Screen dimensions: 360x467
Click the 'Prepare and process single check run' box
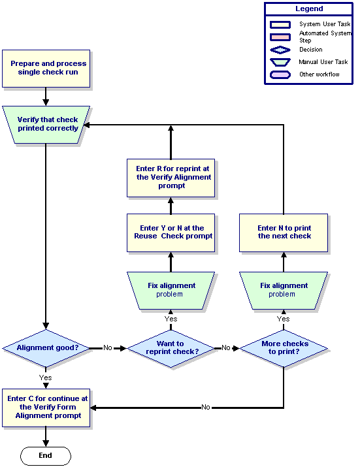tap(46, 69)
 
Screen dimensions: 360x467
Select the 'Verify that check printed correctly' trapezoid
tap(46, 125)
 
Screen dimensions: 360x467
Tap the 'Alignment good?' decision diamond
tap(46, 348)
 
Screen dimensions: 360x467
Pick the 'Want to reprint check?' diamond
tap(171, 348)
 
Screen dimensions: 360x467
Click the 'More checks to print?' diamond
tap(284, 348)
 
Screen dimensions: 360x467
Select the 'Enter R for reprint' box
tap(171, 178)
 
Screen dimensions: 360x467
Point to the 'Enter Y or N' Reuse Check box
tap(171, 233)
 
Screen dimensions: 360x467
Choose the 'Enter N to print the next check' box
tap(284, 233)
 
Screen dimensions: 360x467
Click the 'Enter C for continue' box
tap(46, 408)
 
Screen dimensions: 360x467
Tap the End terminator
tap(46, 456)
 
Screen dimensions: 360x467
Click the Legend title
tap(309, 8)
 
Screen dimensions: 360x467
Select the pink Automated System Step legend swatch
tap(280, 37)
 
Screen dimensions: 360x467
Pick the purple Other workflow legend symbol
tap(280, 74)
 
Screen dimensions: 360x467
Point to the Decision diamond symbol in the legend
tap(280, 50)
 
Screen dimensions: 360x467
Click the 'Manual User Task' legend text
tap(323, 62)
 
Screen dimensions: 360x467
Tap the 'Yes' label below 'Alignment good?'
tap(45, 378)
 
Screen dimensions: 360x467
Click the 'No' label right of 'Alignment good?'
tap(108, 348)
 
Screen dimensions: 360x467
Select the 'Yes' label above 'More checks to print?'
tap(283, 319)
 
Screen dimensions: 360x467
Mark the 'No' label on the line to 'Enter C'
tap(206, 407)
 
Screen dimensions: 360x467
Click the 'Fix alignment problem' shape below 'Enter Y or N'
tap(171, 291)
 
